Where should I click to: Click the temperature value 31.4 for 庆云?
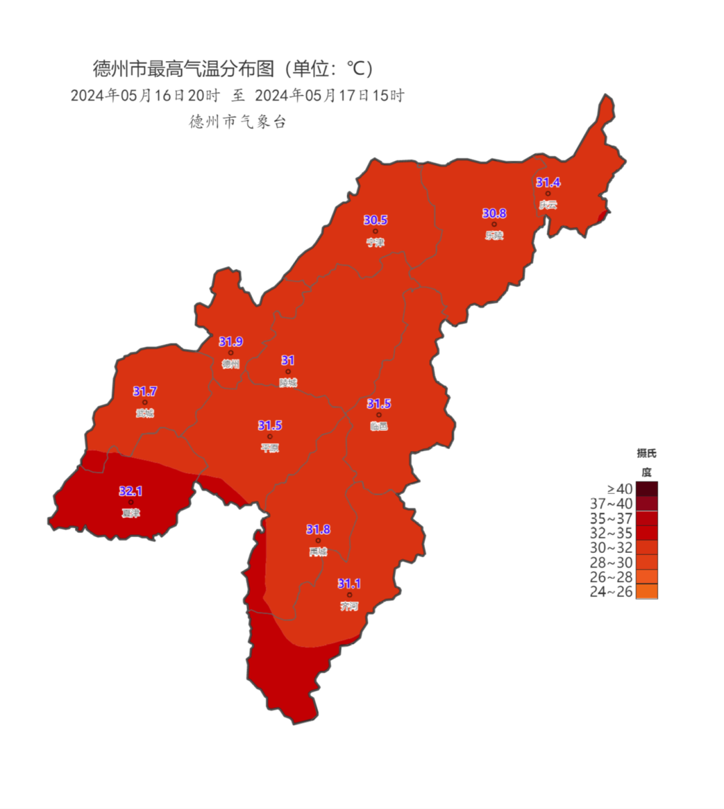[548, 182]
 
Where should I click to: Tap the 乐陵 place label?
[494, 235]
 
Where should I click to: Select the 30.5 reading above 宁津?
[375, 220]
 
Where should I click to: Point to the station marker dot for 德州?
[231, 353]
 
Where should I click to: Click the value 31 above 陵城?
[288, 361]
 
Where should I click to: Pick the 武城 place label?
[144, 413]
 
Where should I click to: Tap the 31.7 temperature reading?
[145, 391]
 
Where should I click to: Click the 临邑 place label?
[379, 426]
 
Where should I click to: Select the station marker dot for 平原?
[269, 436]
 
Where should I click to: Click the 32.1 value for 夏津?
[131, 491]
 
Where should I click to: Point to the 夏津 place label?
[131, 513]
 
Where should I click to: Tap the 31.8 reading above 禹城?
[318, 530]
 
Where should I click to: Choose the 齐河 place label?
[349, 606]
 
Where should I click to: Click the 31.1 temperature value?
[349, 584]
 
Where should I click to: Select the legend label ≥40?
[619, 489]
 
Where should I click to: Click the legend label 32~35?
[611, 534]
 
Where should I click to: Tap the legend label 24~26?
[611, 592]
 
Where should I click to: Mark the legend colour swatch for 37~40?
[646, 503]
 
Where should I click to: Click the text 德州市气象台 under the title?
[238, 121]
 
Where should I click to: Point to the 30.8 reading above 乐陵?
[494, 213]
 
